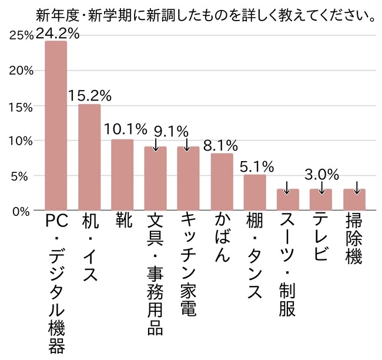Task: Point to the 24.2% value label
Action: [57, 34]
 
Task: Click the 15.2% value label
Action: [90, 96]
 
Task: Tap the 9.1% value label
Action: [170, 130]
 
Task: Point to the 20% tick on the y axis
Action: [22, 71]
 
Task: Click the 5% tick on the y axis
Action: [25, 175]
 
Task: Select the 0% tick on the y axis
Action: [25, 210]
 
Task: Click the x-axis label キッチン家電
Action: [189, 265]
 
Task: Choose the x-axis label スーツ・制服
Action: [288, 265]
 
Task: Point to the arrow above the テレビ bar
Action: [321, 188]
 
